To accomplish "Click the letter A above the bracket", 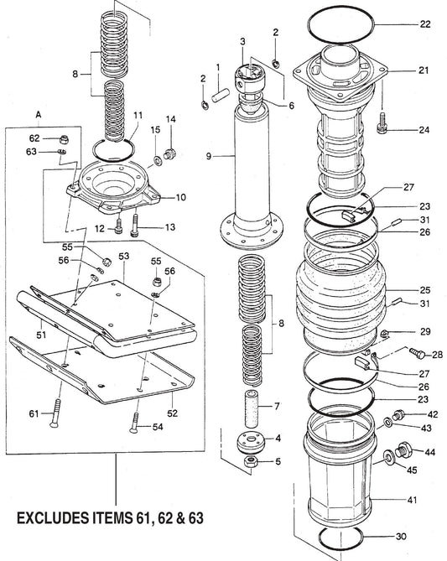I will pyautogui.click(x=39, y=113).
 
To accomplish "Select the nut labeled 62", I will pyautogui.click(x=62, y=138).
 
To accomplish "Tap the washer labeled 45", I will pyautogui.click(x=389, y=459).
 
